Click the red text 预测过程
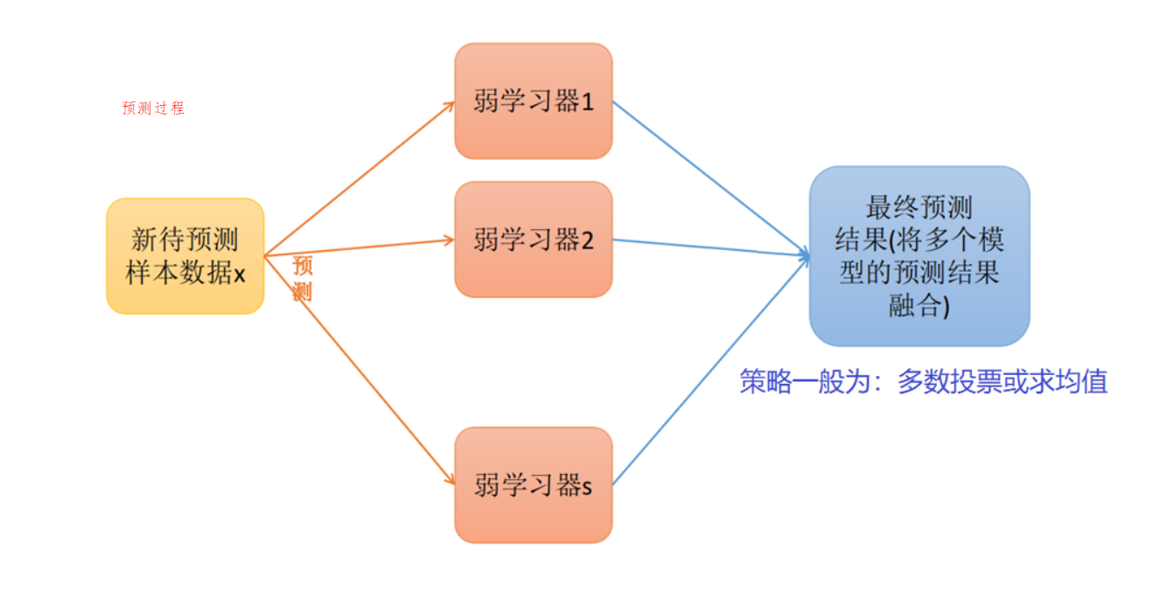click(x=153, y=108)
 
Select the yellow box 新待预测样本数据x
click(x=185, y=255)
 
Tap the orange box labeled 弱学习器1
click(x=533, y=101)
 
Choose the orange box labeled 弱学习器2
click(x=533, y=240)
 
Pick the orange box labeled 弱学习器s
click(x=533, y=485)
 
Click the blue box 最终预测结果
click(x=919, y=256)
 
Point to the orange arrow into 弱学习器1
click(x=359, y=177)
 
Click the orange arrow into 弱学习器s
click(x=359, y=367)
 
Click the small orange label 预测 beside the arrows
click(x=303, y=279)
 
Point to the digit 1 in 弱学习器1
click(x=587, y=102)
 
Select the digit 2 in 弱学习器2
click(x=587, y=240)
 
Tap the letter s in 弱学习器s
click(x=586, y=487)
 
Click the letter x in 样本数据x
click(x=239, y=274)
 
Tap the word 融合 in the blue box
click(x=913, y=306)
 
